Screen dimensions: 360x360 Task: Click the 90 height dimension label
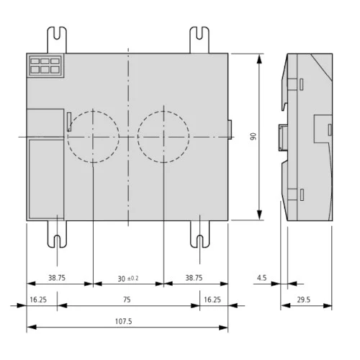click(253, 136)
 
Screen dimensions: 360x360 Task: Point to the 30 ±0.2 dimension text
click(127, 278)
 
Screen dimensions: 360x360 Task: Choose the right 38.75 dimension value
click(194, 278)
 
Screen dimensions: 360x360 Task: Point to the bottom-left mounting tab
click(58, 233)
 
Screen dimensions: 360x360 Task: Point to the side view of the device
click(308, 136)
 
